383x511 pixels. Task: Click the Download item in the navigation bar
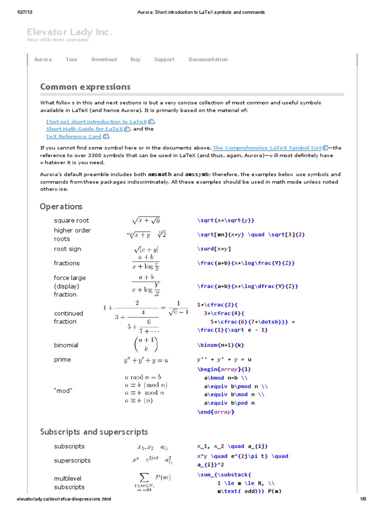tap(104, 59)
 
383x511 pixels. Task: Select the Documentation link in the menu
tap(208, 59)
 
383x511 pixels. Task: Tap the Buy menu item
tap(135, 59)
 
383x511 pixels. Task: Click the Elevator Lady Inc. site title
tap(69, 32)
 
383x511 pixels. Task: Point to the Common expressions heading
tap(85, 87)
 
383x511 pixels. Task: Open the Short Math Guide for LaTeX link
tap(85, 129)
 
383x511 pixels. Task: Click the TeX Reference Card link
tap(74, 136)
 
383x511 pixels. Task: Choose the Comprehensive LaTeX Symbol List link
tap(267, 148)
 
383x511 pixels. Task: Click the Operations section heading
tap(61, 206)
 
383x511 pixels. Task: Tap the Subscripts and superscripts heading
tap(94, 432)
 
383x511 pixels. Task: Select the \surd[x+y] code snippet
tap(214, 249)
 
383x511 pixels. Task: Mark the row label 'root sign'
tap(67, 249)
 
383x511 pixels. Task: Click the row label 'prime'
tap(62, 359)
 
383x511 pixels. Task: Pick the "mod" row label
tap(63, 391)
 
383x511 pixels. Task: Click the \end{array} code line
tap(215, 412)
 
